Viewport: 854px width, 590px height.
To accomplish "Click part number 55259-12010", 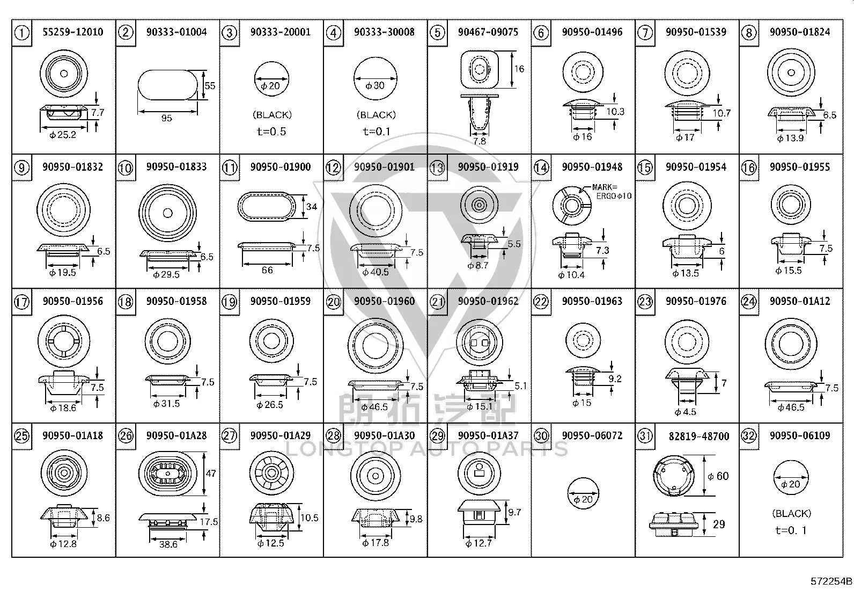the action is point(73,32).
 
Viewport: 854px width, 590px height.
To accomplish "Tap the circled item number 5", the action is point(437,33).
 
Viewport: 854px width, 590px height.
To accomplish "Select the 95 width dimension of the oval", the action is point(167,118).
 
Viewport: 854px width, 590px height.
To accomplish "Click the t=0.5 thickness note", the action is point(271,132).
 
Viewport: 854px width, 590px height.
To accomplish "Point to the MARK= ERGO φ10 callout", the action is point(612,192).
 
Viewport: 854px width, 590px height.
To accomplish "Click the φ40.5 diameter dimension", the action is point(376,272).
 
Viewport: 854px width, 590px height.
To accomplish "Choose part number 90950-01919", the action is point(488,167).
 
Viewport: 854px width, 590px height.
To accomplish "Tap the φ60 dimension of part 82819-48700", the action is point(718,476).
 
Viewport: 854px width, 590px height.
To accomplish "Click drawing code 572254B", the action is point(831,581).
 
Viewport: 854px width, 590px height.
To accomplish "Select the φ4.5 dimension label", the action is point(685,412).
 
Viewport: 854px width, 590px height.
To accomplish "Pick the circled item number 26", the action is point(126,435).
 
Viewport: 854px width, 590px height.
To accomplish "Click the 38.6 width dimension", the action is point(168,544).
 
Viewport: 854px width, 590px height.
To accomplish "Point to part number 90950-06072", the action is point(592,435).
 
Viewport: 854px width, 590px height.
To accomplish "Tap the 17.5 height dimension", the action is point(209,522).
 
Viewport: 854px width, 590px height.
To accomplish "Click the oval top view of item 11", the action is point(267,207).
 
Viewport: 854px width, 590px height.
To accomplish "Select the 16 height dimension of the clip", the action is point(519,69).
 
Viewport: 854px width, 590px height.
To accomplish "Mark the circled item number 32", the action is point(749,435).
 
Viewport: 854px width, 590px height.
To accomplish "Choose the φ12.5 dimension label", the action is point(271,543).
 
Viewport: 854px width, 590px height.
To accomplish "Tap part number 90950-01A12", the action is point(800,301).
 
